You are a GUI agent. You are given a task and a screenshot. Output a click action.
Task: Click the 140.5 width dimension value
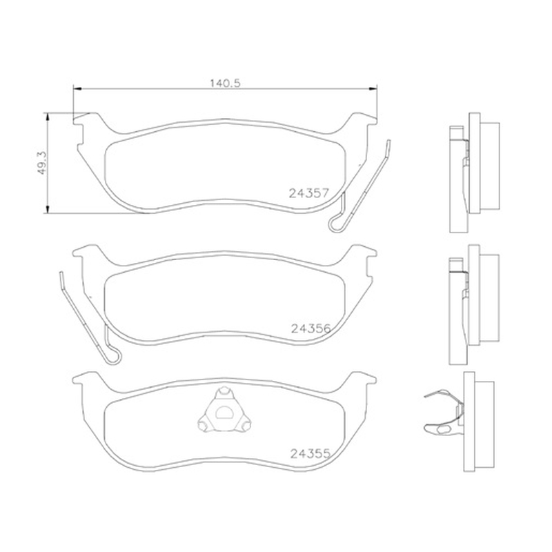coord(225,83)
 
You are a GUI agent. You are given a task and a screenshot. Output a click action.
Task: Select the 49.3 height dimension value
coord(41,163)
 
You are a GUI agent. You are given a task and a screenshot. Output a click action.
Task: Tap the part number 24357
coord(308,193)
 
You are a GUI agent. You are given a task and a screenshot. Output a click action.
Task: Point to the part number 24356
coord(311,328)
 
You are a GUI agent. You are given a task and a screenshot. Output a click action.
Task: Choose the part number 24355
coord(310,454)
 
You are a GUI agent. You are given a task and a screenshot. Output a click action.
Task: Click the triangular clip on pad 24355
coord(224,410)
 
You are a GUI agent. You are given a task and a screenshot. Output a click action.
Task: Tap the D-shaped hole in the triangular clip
coord(224,413)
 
